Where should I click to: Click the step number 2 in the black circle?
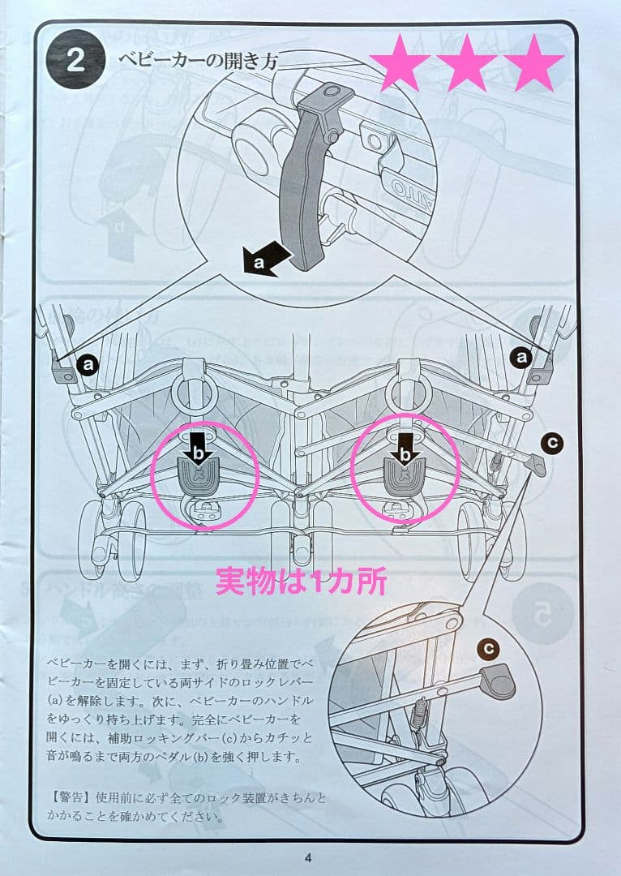tap(75, 62)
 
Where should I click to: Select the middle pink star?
tap(466, 64)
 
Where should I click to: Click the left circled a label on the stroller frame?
tap(88, 366)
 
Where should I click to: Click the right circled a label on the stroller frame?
tap(520, 356)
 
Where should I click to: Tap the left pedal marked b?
tap(202, 474)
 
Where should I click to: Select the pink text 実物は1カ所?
tap(301, 581)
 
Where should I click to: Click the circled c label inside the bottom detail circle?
tap(487, 648)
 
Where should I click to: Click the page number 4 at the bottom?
tap(308, 858)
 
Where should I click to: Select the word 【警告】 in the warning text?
tap(71, 798)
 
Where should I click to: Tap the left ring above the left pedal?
tap(192, 393)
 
